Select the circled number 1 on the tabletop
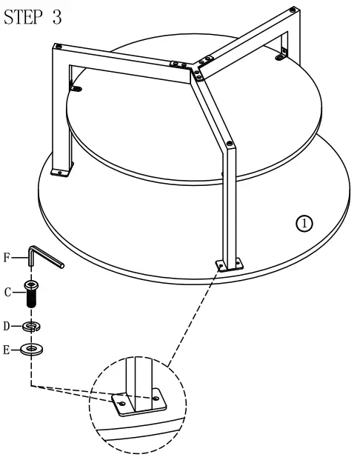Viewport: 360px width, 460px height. (x=305, y=222)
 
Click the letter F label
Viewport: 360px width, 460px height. (x=7, y=258)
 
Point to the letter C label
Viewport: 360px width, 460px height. (x=7, y=292)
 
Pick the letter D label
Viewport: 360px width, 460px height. (x=7, y=324)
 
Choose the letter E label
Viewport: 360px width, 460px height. (x=7, y=350)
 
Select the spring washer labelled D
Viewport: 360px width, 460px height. (x=31, y=325)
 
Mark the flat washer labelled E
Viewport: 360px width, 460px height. (x=31, y=350)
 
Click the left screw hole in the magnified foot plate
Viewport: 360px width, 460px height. (x=123, y=403)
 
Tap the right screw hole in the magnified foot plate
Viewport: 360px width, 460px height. (x=157, y=399)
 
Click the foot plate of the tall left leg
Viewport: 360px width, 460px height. (x=60, y=171)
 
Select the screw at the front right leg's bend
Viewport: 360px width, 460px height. (x=230, y=142)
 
